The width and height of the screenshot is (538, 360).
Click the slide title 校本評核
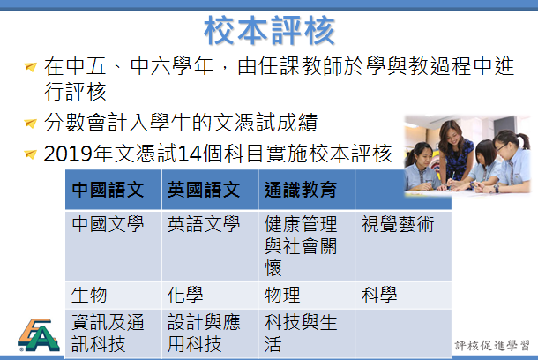(269, 30)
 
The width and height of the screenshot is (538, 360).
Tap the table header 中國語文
(108, 190)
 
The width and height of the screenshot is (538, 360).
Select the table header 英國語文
(204, 190)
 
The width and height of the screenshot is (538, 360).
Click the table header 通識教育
(301, 190)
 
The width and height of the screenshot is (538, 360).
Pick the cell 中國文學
(108, 224)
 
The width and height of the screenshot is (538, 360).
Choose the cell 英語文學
(204, 224)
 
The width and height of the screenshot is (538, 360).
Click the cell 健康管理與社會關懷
(301, 245)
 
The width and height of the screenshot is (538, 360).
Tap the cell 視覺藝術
(398, 224)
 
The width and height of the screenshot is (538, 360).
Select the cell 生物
(89, 295)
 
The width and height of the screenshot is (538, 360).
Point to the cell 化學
(185, 295)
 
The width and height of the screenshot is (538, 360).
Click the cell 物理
(282, 295)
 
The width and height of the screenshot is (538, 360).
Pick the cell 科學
(379, 295)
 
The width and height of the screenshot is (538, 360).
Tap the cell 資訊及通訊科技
(108, 333)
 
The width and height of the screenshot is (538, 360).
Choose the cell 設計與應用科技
(204, 333)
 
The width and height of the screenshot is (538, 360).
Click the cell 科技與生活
(301, 333)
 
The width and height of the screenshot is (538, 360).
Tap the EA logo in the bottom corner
(39, 335)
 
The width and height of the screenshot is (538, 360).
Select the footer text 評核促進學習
(492, 346)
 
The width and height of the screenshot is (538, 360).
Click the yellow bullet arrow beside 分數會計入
(31, 123)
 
